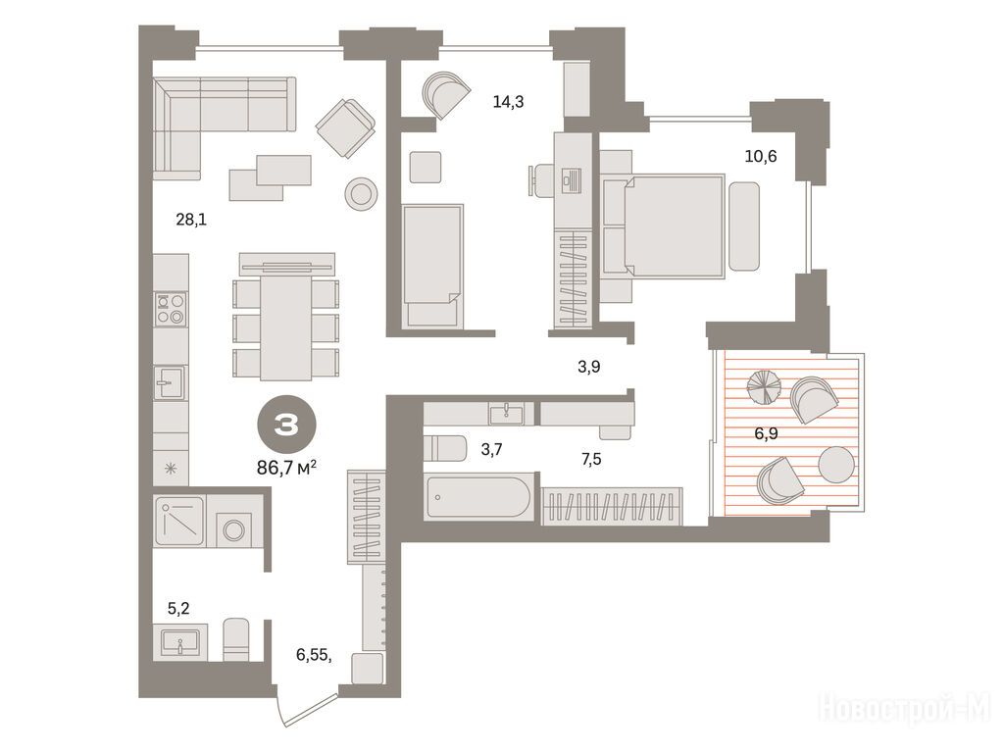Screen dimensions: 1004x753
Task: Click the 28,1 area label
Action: [x=191, y=221]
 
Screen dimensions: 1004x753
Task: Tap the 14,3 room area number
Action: [x=509, y=101]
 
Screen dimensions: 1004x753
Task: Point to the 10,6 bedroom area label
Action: [x=761, y=156]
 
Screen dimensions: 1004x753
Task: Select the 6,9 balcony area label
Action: [x=766, y=433]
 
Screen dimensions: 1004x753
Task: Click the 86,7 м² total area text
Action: [x=287, y=468]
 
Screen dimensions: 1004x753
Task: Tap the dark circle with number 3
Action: [x=286, y=427]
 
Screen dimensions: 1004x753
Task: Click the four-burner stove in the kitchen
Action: [x=171, y=309]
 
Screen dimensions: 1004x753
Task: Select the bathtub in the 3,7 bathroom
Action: [x=478, y=497]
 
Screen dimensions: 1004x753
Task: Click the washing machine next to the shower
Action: [x=233, y=529]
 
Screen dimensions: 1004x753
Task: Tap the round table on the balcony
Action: [x=835, y=464]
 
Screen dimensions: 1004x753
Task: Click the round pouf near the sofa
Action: [x=361, y=193]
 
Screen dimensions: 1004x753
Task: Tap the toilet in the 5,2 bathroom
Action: [x=235, y=639]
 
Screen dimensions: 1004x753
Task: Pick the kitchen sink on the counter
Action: [x=171, y=383]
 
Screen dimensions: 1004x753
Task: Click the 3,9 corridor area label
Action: [x=588, y=367]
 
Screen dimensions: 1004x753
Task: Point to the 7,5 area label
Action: [x=591, y=459]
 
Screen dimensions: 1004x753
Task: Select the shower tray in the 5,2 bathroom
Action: [x=180, y=522]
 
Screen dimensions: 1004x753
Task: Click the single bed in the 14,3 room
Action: [x=432, y=266]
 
